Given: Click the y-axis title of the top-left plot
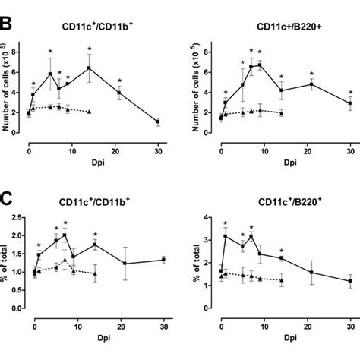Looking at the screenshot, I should point(7,92).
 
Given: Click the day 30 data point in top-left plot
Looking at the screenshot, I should point(157,122).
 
